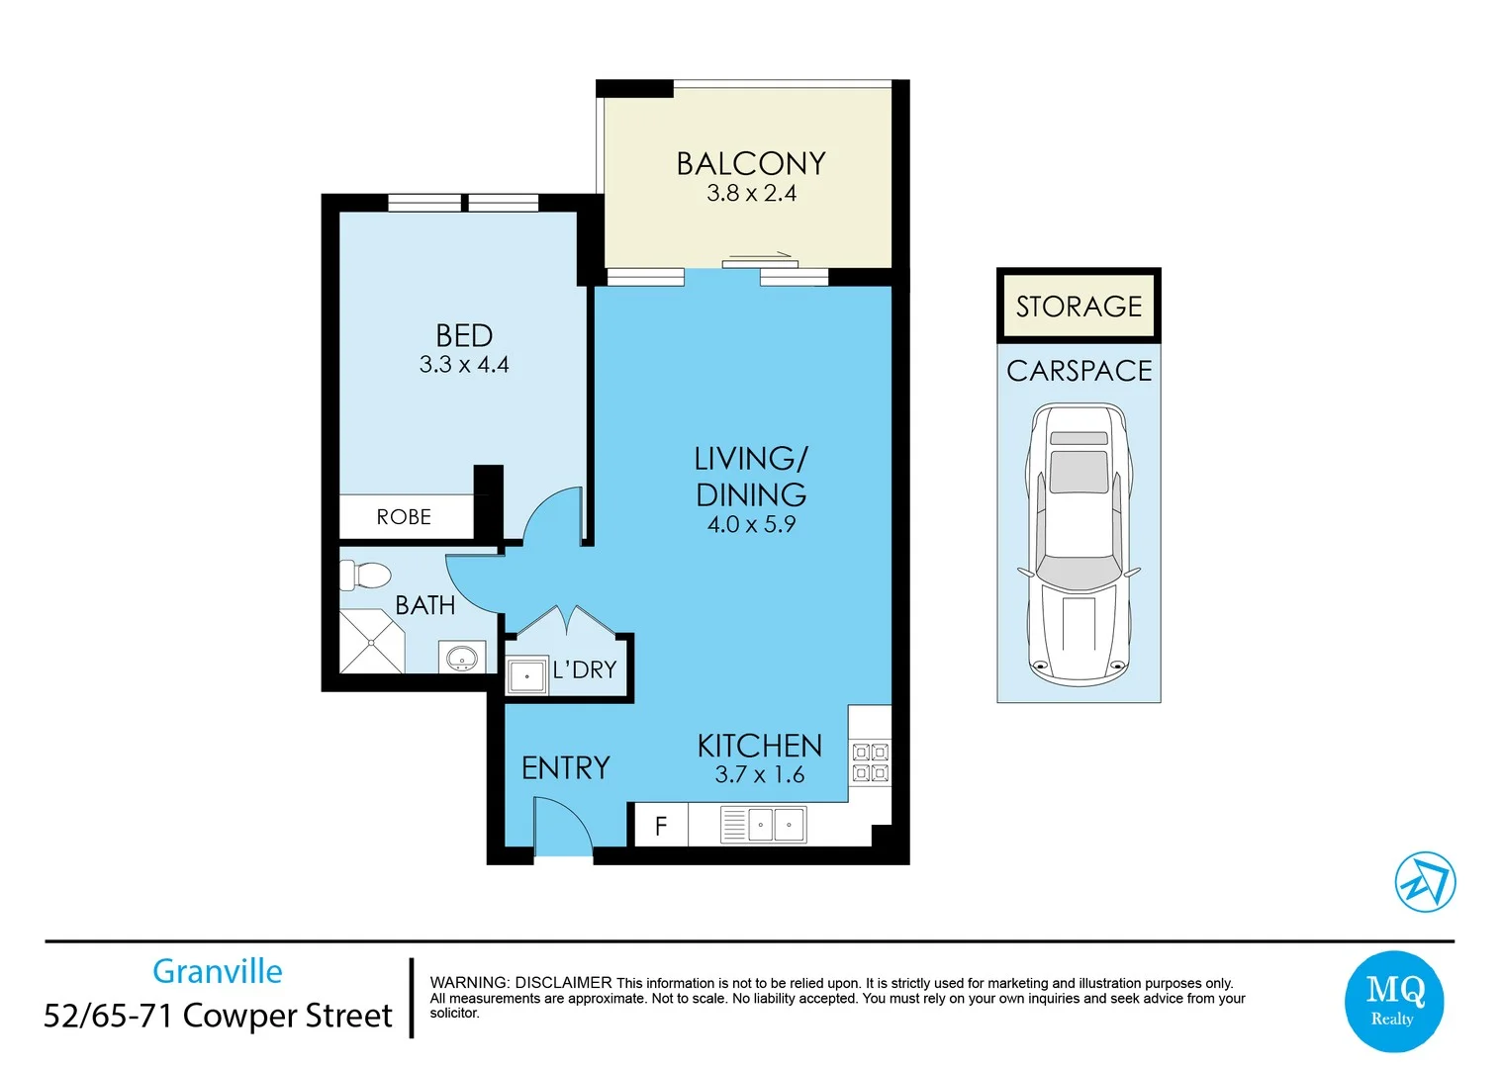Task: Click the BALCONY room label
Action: (x=751, y=164)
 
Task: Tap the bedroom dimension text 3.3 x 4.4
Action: (x=464, y=365)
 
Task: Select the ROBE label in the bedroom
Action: (x=404, y=517)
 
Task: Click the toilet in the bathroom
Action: (x=366, y=576)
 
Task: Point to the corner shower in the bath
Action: (x=372, y=641)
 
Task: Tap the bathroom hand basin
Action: (x=462, y=657)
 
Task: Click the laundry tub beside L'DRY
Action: (x=526, y=675)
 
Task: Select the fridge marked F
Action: (x=661, y=825)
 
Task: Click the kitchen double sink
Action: (x=763, y=825)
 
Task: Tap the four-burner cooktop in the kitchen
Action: (x=871, y=762)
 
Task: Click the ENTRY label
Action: (x=566, y=768)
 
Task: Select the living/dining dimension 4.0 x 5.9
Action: (x=751, y=524)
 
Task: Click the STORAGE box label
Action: (x=1079, y=308)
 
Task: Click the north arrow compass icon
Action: (x=1425, y=882)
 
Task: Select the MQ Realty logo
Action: (x=1393, y=1001)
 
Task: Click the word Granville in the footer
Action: (x=218, y=971)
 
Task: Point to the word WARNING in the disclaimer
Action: (x=469, y=983)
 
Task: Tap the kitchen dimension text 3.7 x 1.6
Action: (x=760, y=775)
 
